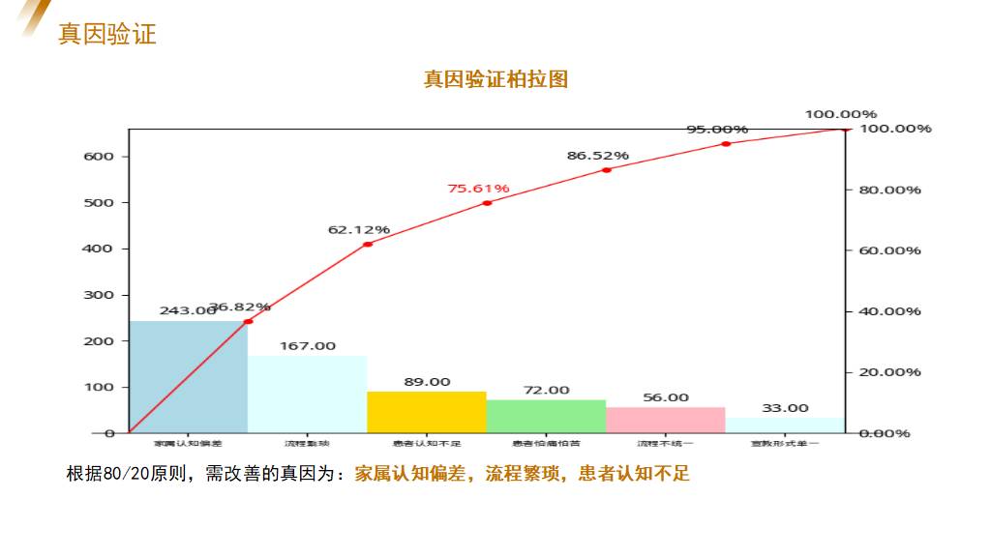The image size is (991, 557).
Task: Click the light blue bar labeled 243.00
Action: point(188,377)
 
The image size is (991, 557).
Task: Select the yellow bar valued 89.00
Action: point(427,412)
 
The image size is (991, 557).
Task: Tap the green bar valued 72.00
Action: point(546,416)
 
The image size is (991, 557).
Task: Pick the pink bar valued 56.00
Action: point(666,420)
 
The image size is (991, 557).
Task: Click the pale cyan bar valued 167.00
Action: point(308,395)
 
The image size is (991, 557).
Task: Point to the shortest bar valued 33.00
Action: point(785,425)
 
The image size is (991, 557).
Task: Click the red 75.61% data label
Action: point(478,189)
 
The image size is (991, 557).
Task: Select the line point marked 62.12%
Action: point(368,245)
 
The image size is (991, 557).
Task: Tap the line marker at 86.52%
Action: point(607,170)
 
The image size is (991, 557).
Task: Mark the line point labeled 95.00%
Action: point(726,144)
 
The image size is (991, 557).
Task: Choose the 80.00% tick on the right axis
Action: point(889,191)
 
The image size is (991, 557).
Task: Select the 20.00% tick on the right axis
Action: point(889,372)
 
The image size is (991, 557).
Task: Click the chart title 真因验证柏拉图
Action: point(495,79)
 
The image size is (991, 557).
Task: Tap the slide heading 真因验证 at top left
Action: point(106,34)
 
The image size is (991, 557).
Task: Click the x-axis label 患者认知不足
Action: point(427,444)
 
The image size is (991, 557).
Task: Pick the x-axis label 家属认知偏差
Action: point(188,444)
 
